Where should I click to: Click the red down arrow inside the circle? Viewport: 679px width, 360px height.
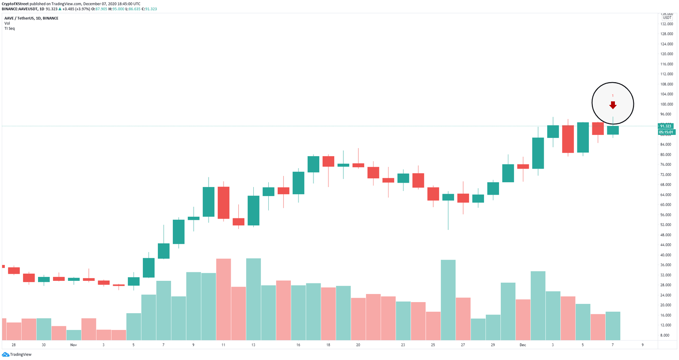(613, 105)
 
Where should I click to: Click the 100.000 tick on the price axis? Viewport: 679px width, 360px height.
(667, 104)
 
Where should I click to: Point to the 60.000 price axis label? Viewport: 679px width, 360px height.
(667, 205)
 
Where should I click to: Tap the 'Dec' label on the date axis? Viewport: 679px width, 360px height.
(523, 345)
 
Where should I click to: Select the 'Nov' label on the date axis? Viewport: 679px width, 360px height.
(73, 345)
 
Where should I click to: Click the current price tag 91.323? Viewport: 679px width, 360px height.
(666, 126)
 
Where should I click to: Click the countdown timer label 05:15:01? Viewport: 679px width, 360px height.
(666, 132)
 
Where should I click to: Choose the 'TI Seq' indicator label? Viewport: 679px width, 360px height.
(9, 28)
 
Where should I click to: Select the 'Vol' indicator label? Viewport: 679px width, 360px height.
(7, 23)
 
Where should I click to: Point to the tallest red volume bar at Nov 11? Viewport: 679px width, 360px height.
(224, 299)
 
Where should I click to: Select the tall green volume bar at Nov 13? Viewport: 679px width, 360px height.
(253, 299)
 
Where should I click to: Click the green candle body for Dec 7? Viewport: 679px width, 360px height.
(613, 130)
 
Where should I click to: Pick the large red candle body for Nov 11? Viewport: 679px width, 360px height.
(224, 203)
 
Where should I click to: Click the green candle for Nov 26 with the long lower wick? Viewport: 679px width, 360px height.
(448, 197)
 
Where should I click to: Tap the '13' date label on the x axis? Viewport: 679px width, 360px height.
(253, 345)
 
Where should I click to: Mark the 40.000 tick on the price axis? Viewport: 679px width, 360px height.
(667, 255)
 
